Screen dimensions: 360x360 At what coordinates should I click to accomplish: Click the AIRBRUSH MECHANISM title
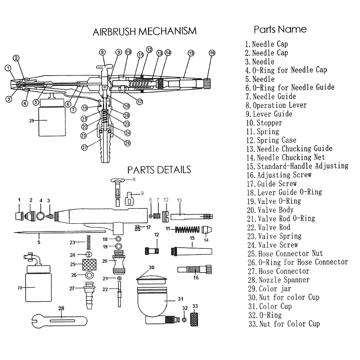[x=145, y=31]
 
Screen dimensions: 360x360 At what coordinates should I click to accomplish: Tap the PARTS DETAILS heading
[x=159, y=169]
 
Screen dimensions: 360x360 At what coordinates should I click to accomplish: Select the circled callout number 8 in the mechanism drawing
[x=103, y=52]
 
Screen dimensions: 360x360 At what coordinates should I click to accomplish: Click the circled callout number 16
[x=212, y=53]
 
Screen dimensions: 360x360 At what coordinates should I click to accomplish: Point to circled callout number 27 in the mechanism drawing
[x=84, y=147]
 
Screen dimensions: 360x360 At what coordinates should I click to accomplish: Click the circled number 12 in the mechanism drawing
[x=149, y=50]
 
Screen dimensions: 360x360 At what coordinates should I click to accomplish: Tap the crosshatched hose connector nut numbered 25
[x=88, y=265]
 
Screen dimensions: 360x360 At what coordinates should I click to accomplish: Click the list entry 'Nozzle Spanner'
[x=284, y=280]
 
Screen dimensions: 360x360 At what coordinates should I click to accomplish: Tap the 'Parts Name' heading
[x=280, y=29]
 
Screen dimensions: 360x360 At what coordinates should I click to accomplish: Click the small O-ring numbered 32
[x=184, y=320]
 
